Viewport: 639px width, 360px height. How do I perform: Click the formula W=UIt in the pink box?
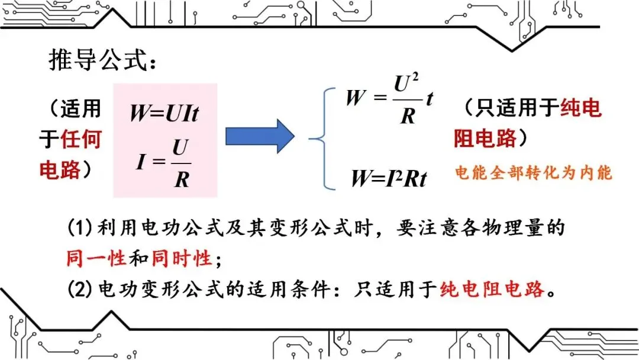164,112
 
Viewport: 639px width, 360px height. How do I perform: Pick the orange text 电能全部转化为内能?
533,173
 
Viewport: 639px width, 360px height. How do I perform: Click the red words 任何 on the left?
81,139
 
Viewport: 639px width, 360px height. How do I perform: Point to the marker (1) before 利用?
78,227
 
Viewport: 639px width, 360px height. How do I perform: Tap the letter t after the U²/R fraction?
430,99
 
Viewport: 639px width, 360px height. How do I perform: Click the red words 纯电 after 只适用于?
580,108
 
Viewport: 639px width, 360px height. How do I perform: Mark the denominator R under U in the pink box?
180,178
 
